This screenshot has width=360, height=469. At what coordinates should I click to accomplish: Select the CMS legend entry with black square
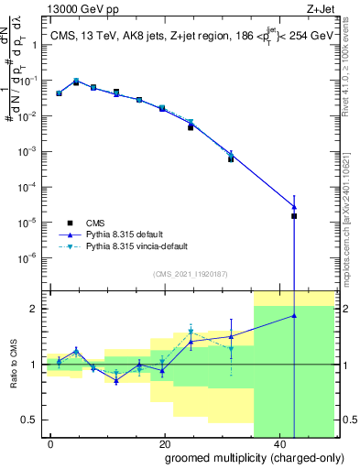(94, 222)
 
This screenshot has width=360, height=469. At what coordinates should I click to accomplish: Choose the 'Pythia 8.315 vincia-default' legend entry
(137, 245)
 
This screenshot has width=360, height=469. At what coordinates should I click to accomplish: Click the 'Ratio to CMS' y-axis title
(15, 365)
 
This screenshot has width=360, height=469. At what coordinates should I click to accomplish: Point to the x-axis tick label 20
(165, 442)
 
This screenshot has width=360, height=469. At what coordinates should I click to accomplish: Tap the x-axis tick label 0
(50, 442)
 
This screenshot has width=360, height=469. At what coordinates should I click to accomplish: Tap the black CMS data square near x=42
(294, 216)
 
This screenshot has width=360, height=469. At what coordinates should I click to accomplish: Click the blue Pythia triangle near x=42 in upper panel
(294, 206)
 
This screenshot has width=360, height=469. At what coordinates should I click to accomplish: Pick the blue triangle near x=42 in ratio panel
(294, 315)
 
